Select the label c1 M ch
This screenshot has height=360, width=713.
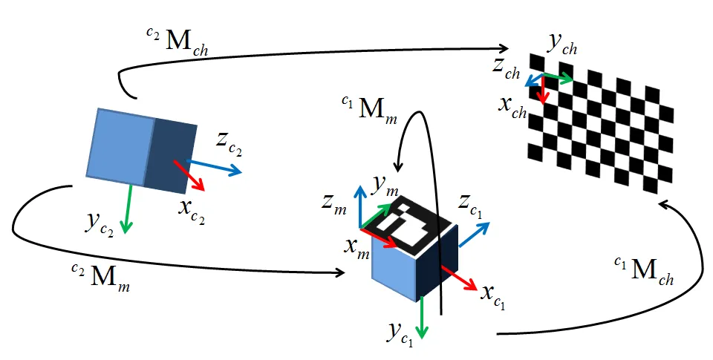[x=643, y=272]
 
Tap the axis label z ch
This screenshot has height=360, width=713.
[x=507, y=68]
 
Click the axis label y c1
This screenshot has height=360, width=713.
[x=399, y=334]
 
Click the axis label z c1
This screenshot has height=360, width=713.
[x=472, y=205]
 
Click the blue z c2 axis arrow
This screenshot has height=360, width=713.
[x=215, y=167]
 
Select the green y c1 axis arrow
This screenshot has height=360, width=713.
[x=422, y=315]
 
